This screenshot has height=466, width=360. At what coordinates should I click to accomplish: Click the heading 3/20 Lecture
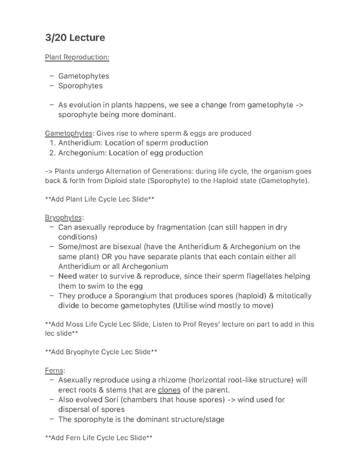coord(75,38)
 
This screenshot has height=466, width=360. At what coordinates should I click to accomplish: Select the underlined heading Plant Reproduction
coord(77,57)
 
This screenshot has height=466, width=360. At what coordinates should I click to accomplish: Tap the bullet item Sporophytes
coord(80,86)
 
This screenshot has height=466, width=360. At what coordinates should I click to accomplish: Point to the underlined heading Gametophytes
coord(68,133)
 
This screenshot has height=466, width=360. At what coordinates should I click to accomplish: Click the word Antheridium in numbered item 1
coord(80,143)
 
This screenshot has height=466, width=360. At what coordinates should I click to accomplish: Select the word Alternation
coord(123,171)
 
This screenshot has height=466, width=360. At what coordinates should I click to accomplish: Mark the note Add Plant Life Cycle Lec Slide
coord(99,199)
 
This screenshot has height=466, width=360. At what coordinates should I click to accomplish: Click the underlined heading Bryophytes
coord(63,217)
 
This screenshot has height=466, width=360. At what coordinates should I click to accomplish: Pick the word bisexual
coord(127,247)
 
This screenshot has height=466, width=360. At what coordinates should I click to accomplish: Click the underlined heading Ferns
coord(54,371)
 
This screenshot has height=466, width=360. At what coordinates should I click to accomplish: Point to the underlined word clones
coord(169,390)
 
